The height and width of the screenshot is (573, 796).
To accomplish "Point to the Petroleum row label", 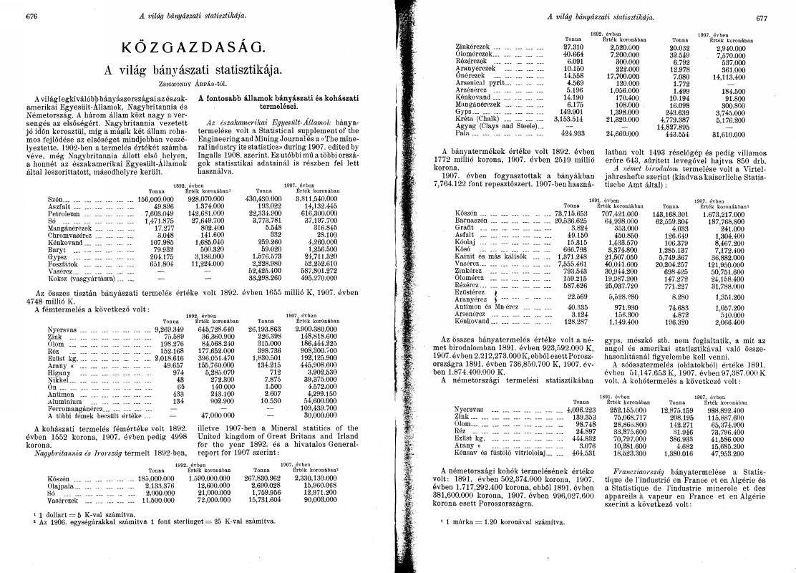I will point(67,213).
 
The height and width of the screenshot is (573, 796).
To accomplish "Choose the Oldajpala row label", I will point(63,485).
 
